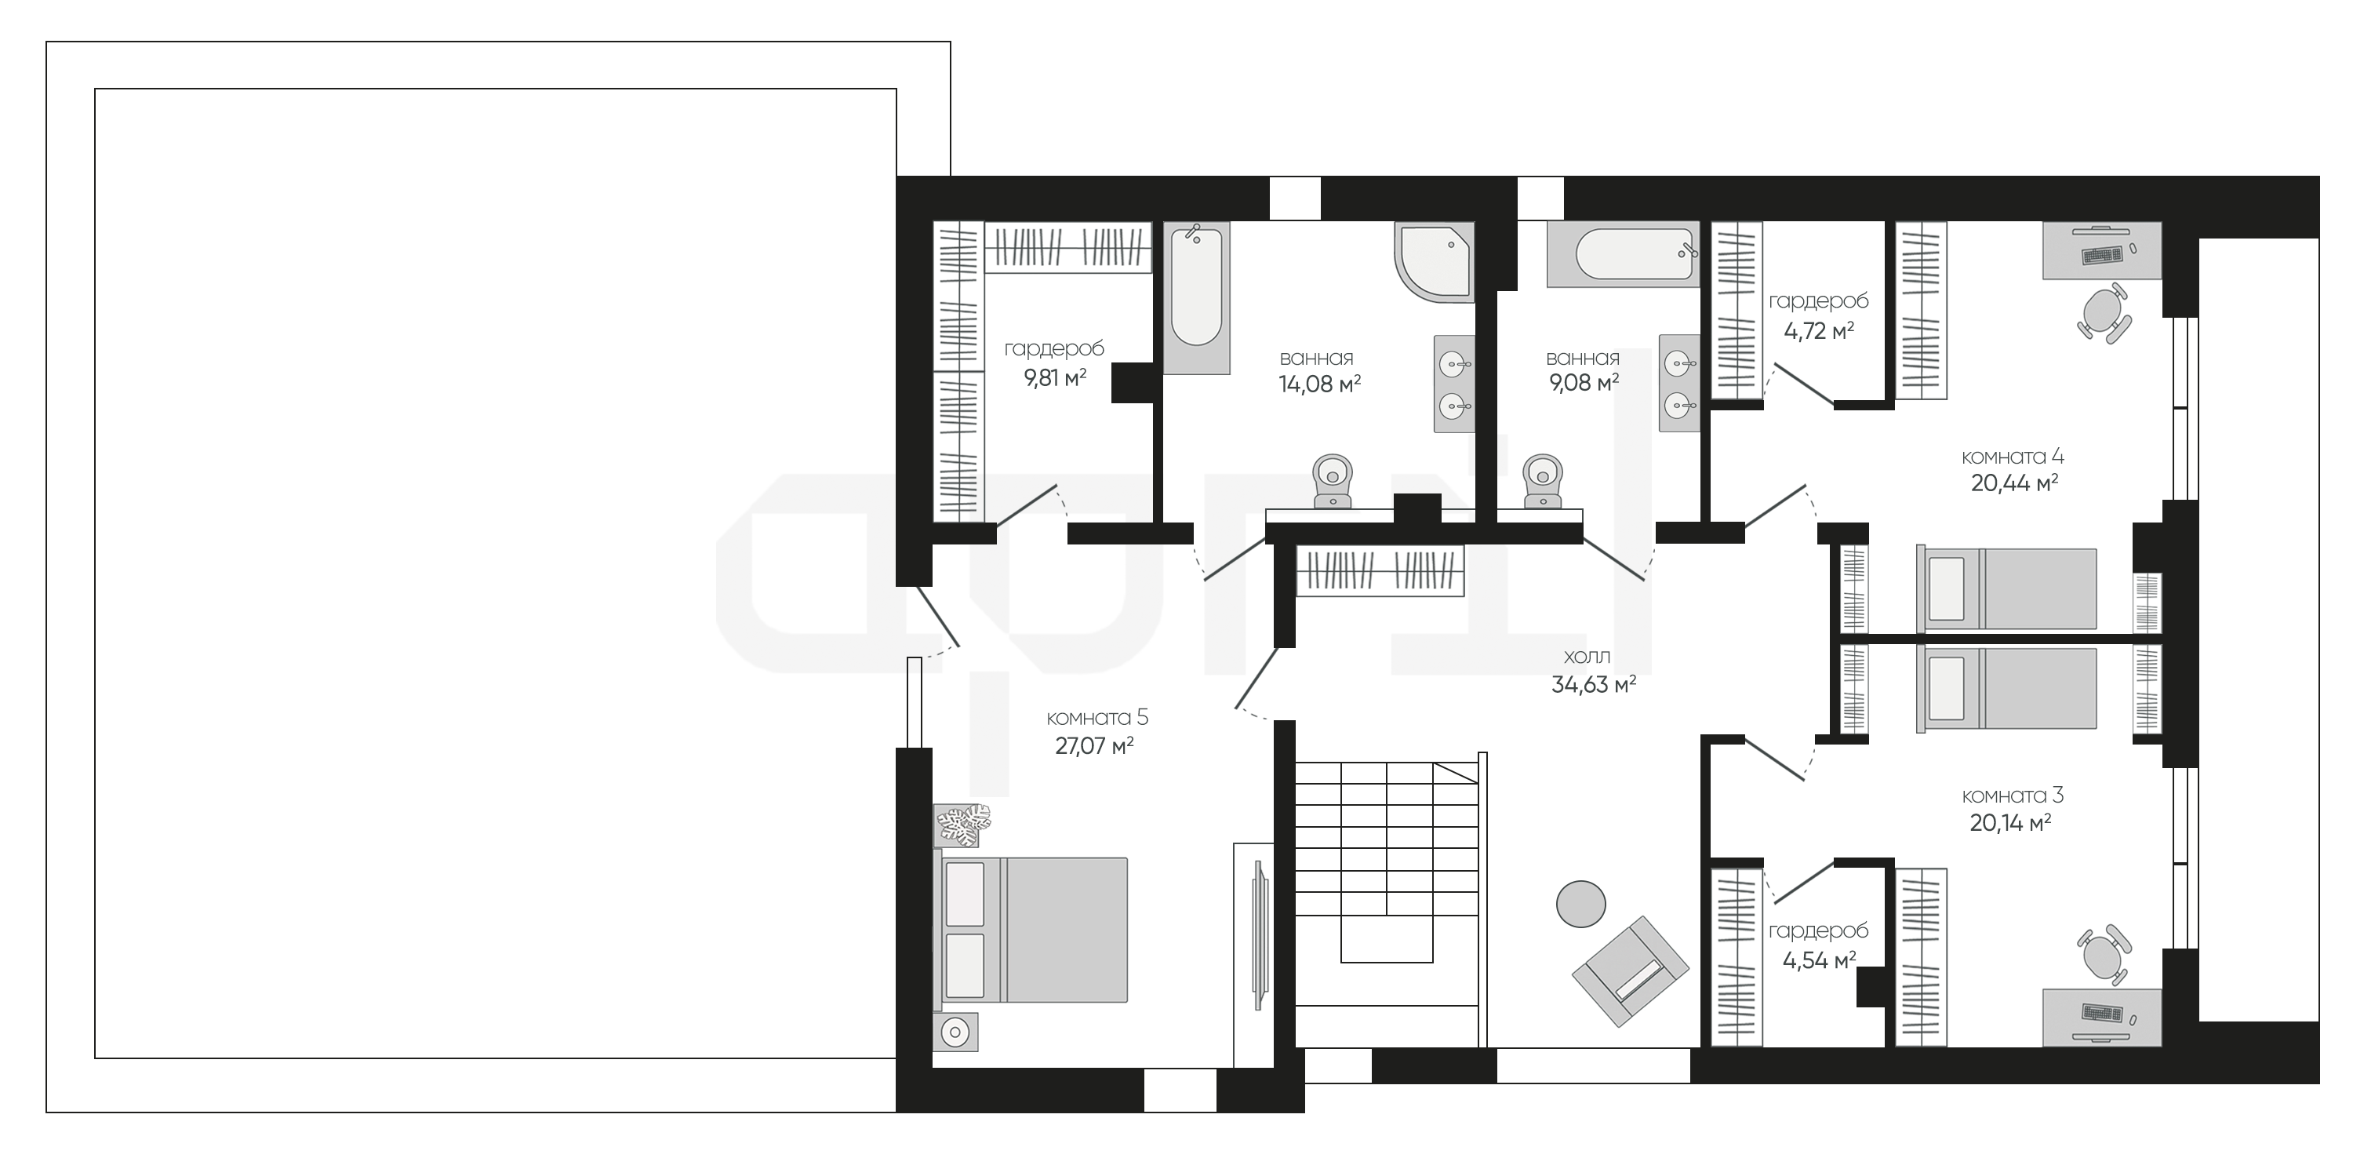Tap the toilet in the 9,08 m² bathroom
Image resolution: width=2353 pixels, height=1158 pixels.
tap(1543, 481)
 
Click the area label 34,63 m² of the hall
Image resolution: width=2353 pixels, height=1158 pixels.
tap(1593, 685)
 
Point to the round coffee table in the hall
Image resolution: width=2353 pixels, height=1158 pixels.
tap(1581, 904)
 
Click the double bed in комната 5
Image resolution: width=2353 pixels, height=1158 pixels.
tap(1031, 930)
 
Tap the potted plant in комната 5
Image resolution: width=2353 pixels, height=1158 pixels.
tap(962, 825)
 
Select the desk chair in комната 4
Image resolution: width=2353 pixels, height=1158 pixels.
tap(2104, 312)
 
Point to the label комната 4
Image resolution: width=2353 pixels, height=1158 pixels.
tap(2013, 456)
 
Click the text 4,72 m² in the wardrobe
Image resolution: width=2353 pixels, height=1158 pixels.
tap(1819, 331)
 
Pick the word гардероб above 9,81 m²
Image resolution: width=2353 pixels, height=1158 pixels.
tap(1054, 349)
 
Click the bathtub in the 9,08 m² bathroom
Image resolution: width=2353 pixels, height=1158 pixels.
tap(1622, 254)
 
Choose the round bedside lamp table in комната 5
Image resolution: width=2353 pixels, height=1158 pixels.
tap(955, 1032)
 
